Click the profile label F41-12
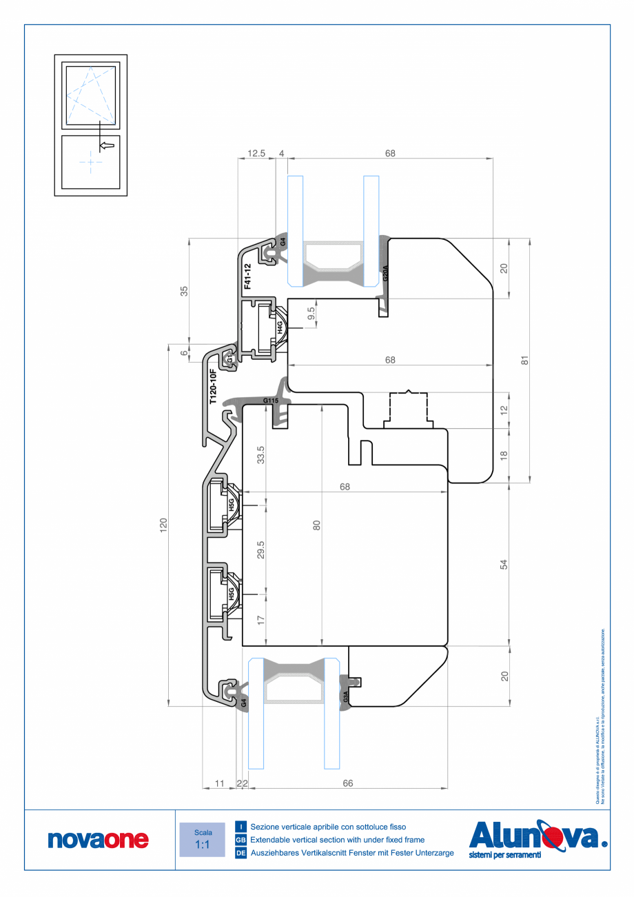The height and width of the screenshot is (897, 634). (x=247, y=275)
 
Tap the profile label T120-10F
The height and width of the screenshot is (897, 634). (x=213, y=385)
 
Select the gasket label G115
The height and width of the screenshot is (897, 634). (x=270, y=401)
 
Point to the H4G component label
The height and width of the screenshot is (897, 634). (x=280, y=327)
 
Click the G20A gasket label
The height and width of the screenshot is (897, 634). (x=385, y=273)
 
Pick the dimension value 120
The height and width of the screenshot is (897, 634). (x=163, y=526)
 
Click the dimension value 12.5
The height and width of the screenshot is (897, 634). (x=257, y=154)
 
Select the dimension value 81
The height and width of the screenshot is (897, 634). (x=524, y=360)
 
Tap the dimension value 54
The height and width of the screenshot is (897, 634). (x=504, y=564)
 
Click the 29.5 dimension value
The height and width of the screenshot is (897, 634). (x=260, y=550)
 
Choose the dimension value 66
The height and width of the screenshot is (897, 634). (x=347, y=783)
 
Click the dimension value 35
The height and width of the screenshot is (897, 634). (x=184, y=290)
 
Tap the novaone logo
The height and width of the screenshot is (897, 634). (x=98, y=840)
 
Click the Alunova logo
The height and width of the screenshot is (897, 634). (x=538, y=838)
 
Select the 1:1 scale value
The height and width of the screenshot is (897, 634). (x=203, y=845)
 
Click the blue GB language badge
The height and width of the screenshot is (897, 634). (x=241, y=840)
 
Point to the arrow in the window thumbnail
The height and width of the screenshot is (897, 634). (x=107, y=145)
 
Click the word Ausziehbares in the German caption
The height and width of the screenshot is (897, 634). (x=274, y=853)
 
